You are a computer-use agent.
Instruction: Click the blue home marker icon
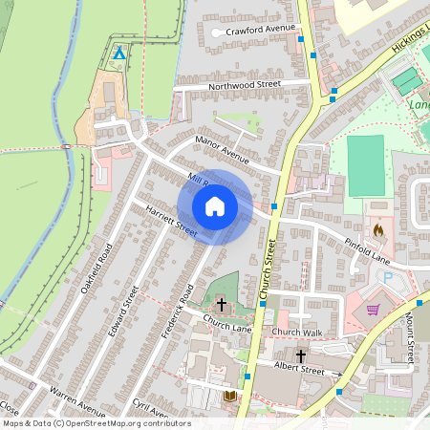coord(215,206)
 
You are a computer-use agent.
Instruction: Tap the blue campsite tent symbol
coord(118,53)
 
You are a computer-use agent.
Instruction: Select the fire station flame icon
coord(378,230)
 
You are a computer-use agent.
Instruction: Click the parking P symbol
coord(389,277)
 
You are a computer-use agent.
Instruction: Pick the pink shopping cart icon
coord(373,309)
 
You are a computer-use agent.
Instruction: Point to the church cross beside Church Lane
coord(222,305)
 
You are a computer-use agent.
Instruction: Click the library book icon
coord(229,396)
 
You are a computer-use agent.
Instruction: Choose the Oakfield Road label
coord(97,269)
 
